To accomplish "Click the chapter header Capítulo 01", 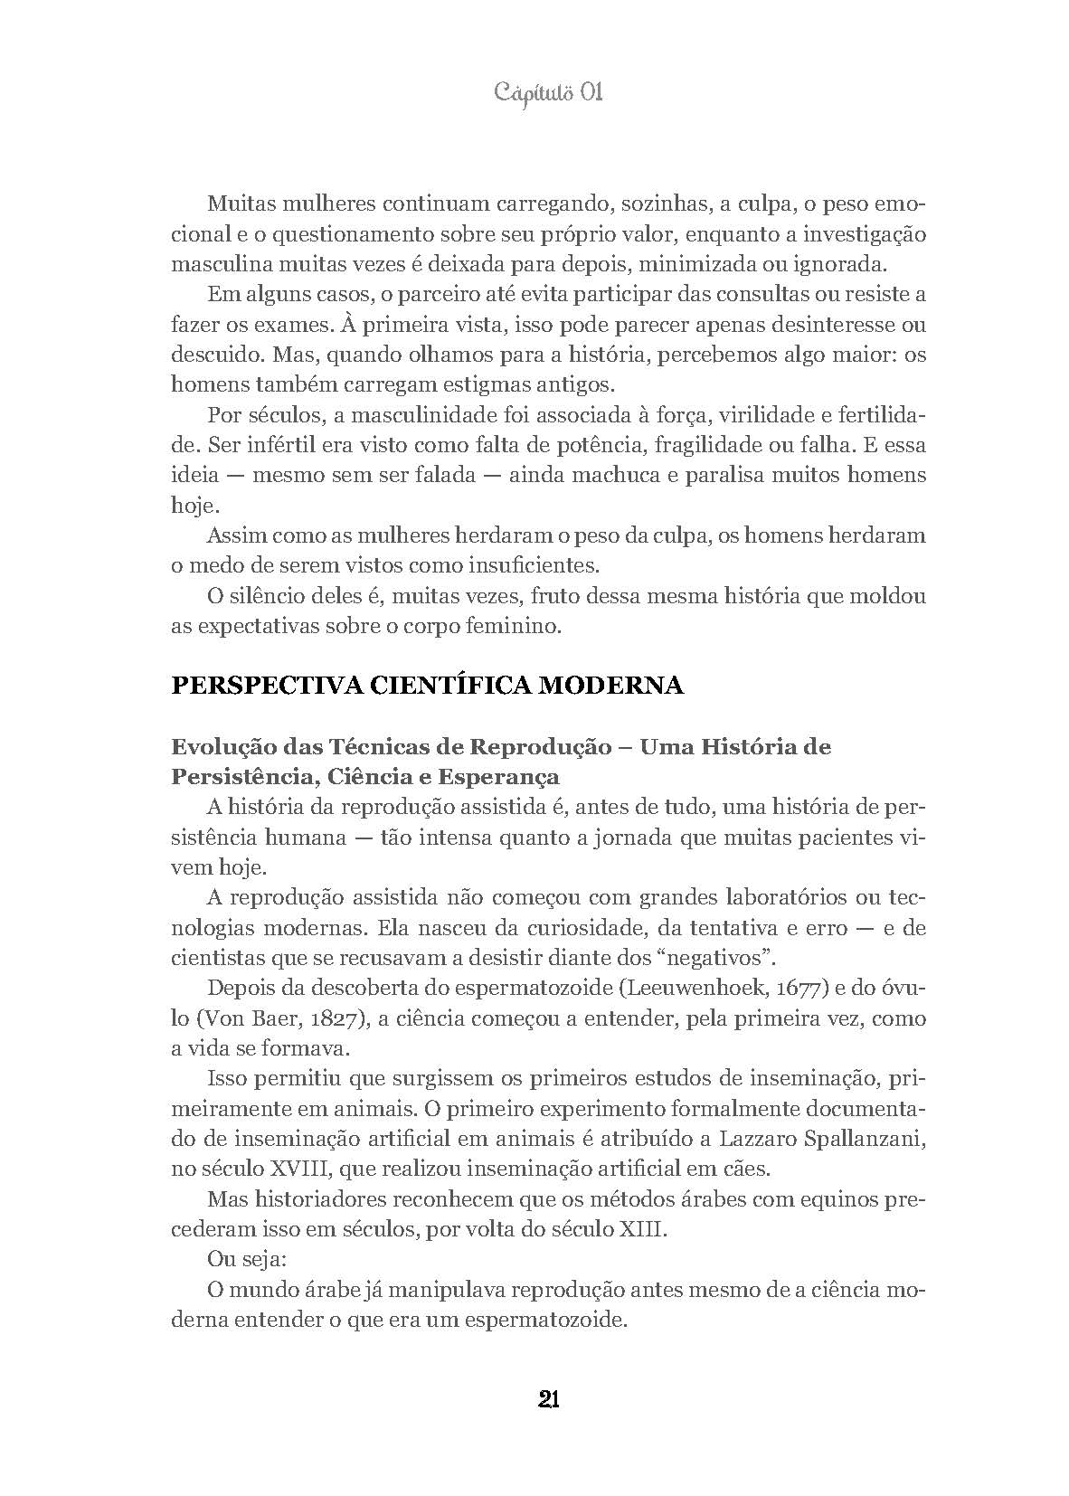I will pyautogui.click(x=548, y=93).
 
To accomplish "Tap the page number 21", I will pyautogui.click(x=548, y=1400).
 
